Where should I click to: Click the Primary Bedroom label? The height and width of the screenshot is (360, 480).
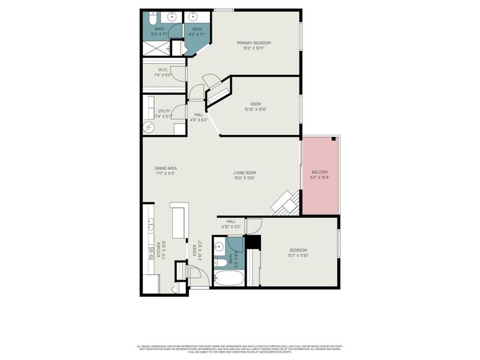point(254,43)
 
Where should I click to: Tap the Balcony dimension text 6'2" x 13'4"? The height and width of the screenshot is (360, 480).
point(320,178)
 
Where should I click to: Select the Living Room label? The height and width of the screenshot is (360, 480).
point(244,173)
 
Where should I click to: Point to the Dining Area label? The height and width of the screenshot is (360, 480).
point(166,168)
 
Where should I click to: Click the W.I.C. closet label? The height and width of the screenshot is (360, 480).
point(154,70)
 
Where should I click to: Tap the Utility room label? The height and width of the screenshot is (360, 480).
point(164,110)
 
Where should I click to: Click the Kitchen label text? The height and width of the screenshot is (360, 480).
point(159,249)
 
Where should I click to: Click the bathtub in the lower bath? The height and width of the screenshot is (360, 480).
point(229,279)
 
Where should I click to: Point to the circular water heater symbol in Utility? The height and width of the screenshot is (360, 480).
point(149,127)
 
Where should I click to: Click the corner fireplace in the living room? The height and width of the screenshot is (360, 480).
point(286,203)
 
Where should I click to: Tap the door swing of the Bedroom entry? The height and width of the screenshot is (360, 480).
point(254,225)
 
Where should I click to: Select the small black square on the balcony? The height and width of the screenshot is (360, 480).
point(334,139)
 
